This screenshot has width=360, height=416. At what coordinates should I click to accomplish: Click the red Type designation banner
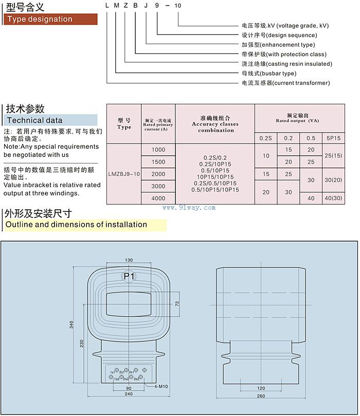50,20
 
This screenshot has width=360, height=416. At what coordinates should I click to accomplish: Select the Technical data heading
33,120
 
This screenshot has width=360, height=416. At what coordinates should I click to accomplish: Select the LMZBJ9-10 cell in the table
124,174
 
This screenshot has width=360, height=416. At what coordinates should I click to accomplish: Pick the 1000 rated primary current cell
158,150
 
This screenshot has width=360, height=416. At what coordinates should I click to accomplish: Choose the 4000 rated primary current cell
158,198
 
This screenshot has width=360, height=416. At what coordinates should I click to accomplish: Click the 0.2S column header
265,137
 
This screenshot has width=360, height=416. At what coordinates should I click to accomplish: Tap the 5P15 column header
333,137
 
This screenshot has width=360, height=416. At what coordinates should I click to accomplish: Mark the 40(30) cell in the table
333,198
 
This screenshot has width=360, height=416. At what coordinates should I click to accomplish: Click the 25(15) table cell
333,155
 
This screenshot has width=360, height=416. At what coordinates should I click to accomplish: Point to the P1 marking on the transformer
129,276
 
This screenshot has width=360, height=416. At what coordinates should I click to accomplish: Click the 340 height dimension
71,324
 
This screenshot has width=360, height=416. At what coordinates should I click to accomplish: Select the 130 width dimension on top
129,260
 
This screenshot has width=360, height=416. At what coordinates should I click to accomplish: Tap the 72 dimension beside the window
177,304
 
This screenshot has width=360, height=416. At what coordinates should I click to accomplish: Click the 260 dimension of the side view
261,396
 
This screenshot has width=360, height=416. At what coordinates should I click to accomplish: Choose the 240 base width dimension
129,394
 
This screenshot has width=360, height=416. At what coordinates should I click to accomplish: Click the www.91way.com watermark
189,208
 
